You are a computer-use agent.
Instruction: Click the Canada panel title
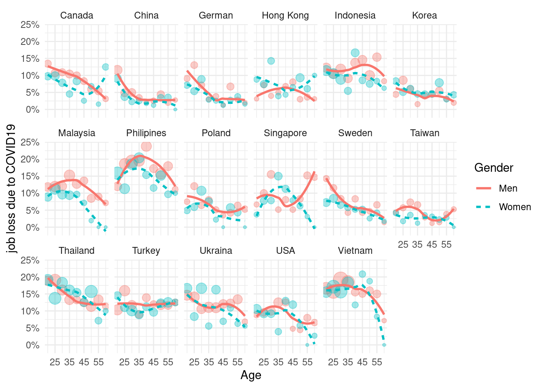point(77,15)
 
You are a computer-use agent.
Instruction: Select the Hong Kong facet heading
point(285,15)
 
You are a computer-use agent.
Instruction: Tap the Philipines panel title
point(146,133)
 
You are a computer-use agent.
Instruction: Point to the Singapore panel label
point(285,133)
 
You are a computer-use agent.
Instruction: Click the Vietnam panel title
point(355,251)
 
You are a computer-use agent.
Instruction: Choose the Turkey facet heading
point(146,251)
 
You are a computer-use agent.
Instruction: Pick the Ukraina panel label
point(216,251)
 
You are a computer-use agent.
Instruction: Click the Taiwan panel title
point(425,133)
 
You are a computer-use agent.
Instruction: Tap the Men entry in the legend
point(508,188)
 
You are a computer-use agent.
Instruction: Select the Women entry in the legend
point(515,207)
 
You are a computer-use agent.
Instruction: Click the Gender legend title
point(494,168)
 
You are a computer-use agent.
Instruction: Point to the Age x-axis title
point(251,375)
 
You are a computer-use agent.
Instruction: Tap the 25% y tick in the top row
point(30,25)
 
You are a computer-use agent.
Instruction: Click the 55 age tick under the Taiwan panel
point(446,245)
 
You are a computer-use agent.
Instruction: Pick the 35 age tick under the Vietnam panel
point(348,362)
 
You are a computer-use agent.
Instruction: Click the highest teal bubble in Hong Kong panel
point(271,61)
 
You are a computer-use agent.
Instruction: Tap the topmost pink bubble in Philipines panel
point(146,146)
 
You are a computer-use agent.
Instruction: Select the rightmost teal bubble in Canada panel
point(105,67)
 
